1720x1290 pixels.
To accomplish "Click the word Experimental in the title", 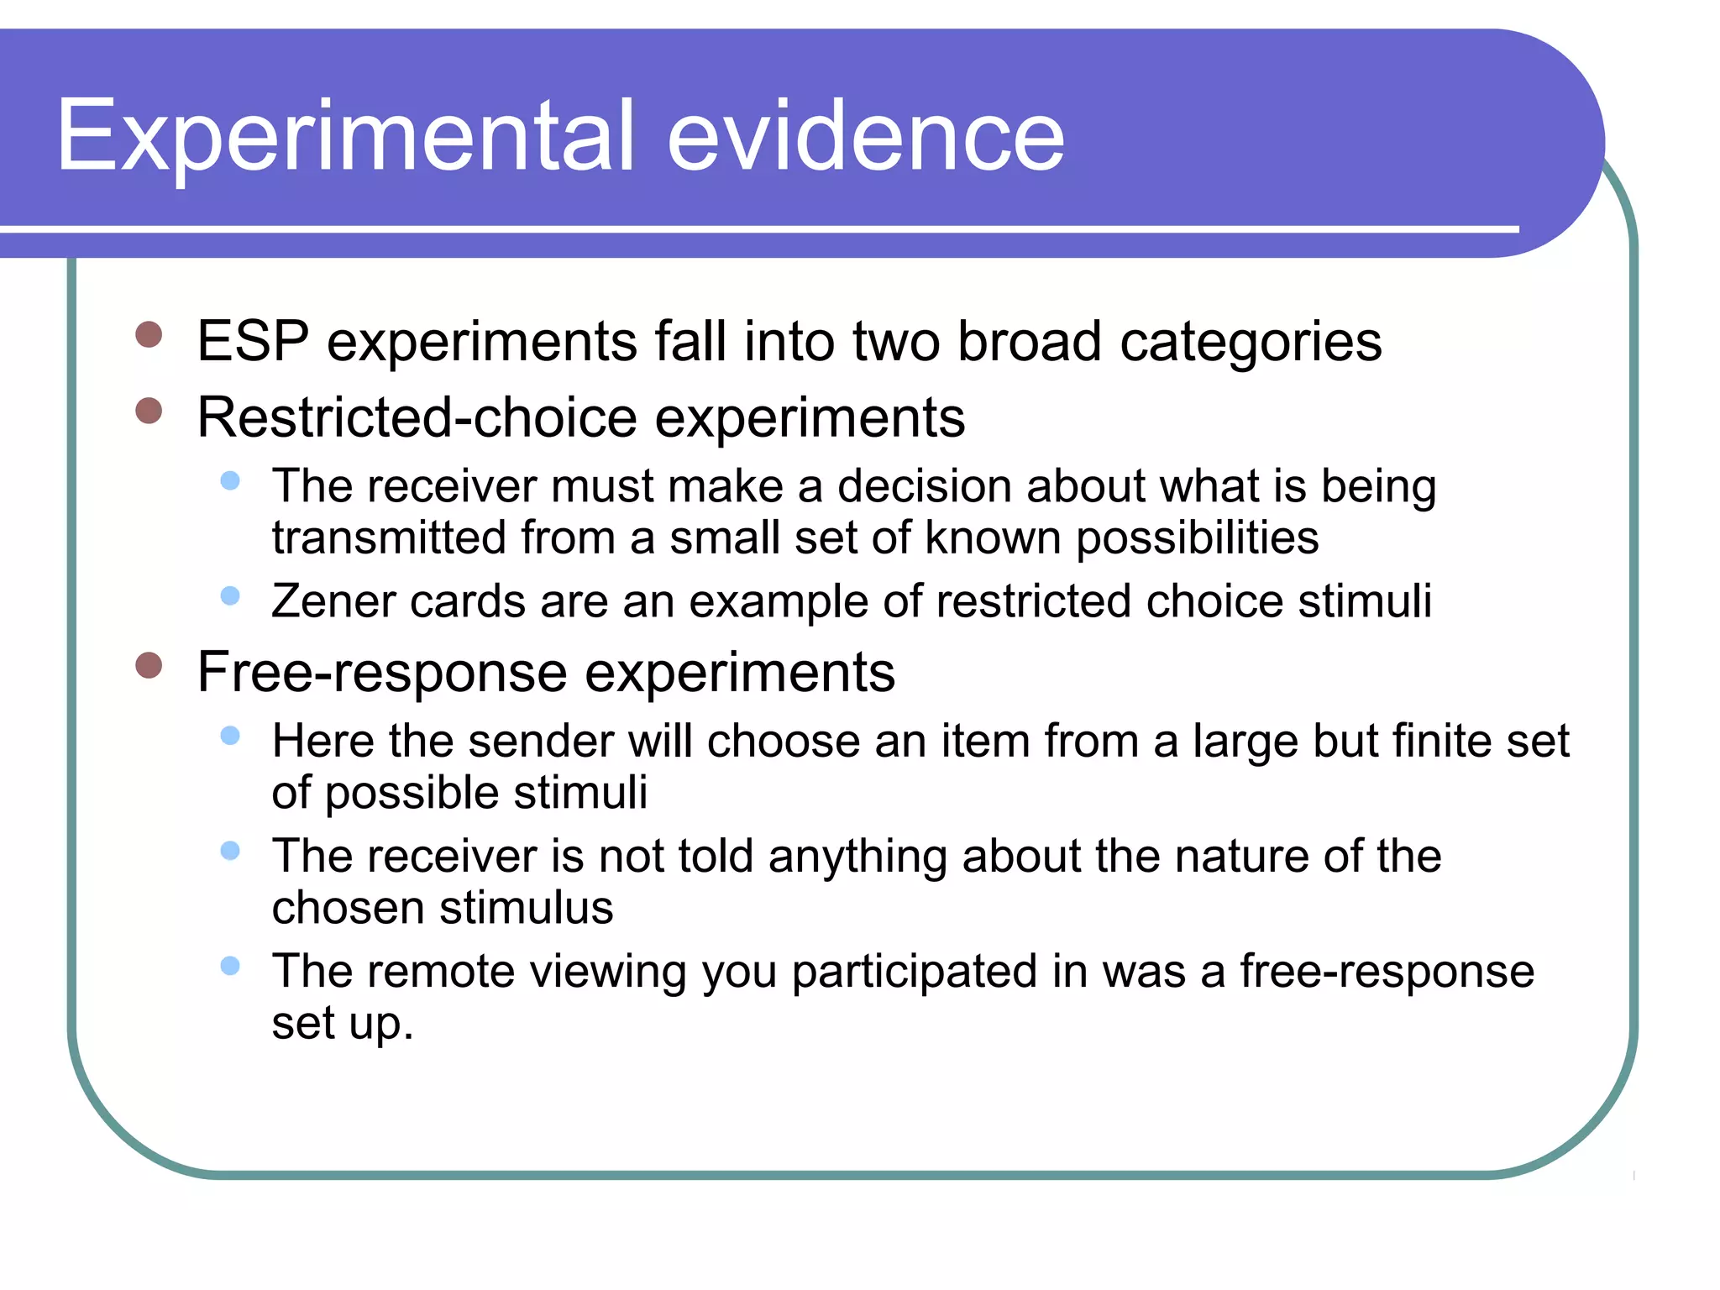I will coord(344,136).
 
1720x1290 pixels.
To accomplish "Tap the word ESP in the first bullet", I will coord(252,342).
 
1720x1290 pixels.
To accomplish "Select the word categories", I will coord(1251,343).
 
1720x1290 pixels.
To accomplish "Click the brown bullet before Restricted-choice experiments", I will coord(149,411).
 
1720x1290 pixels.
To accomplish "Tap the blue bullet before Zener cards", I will coord(230,596).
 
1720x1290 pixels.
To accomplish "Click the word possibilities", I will coord(1197,538).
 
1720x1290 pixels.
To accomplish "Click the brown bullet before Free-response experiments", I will coord(149,665).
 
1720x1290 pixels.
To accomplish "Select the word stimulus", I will coord(526,908).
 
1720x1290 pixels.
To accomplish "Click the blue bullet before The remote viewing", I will coord(230,966).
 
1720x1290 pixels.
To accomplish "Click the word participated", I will coord(914,973).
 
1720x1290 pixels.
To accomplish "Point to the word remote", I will coord(440,972).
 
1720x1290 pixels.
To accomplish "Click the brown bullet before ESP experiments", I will coord(149,334).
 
